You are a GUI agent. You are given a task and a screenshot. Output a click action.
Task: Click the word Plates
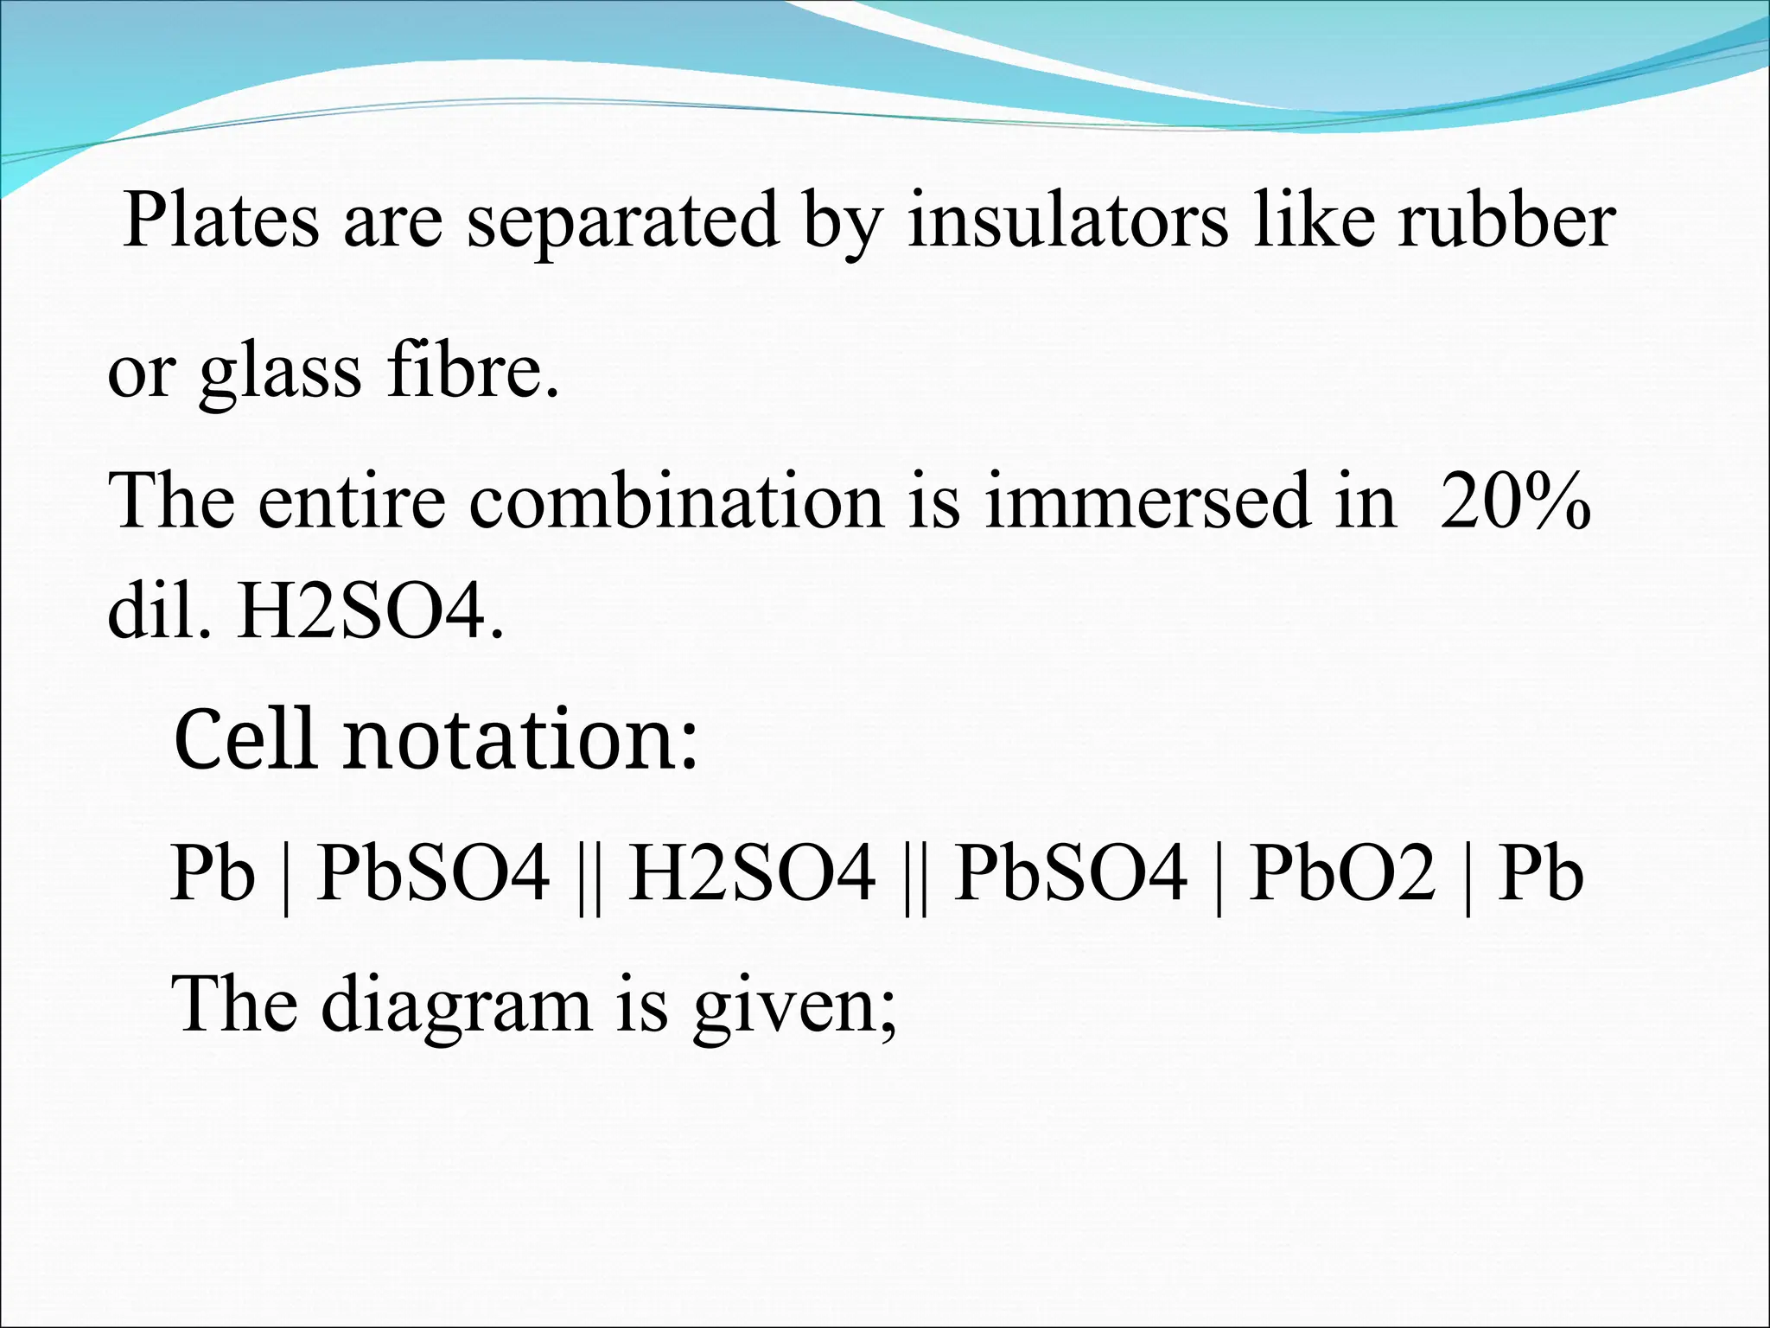tap(220, 220)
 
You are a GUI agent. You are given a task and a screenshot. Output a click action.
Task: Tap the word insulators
tap(1066, 220)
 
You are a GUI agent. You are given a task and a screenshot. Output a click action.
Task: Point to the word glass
tap(280, 372)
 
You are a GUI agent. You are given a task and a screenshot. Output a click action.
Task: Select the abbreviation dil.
tap(159, 612)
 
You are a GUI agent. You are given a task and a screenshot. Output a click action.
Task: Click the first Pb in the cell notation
tap(213, 873)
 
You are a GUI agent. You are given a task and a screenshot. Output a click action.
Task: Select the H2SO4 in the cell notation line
tap(751, 873)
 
